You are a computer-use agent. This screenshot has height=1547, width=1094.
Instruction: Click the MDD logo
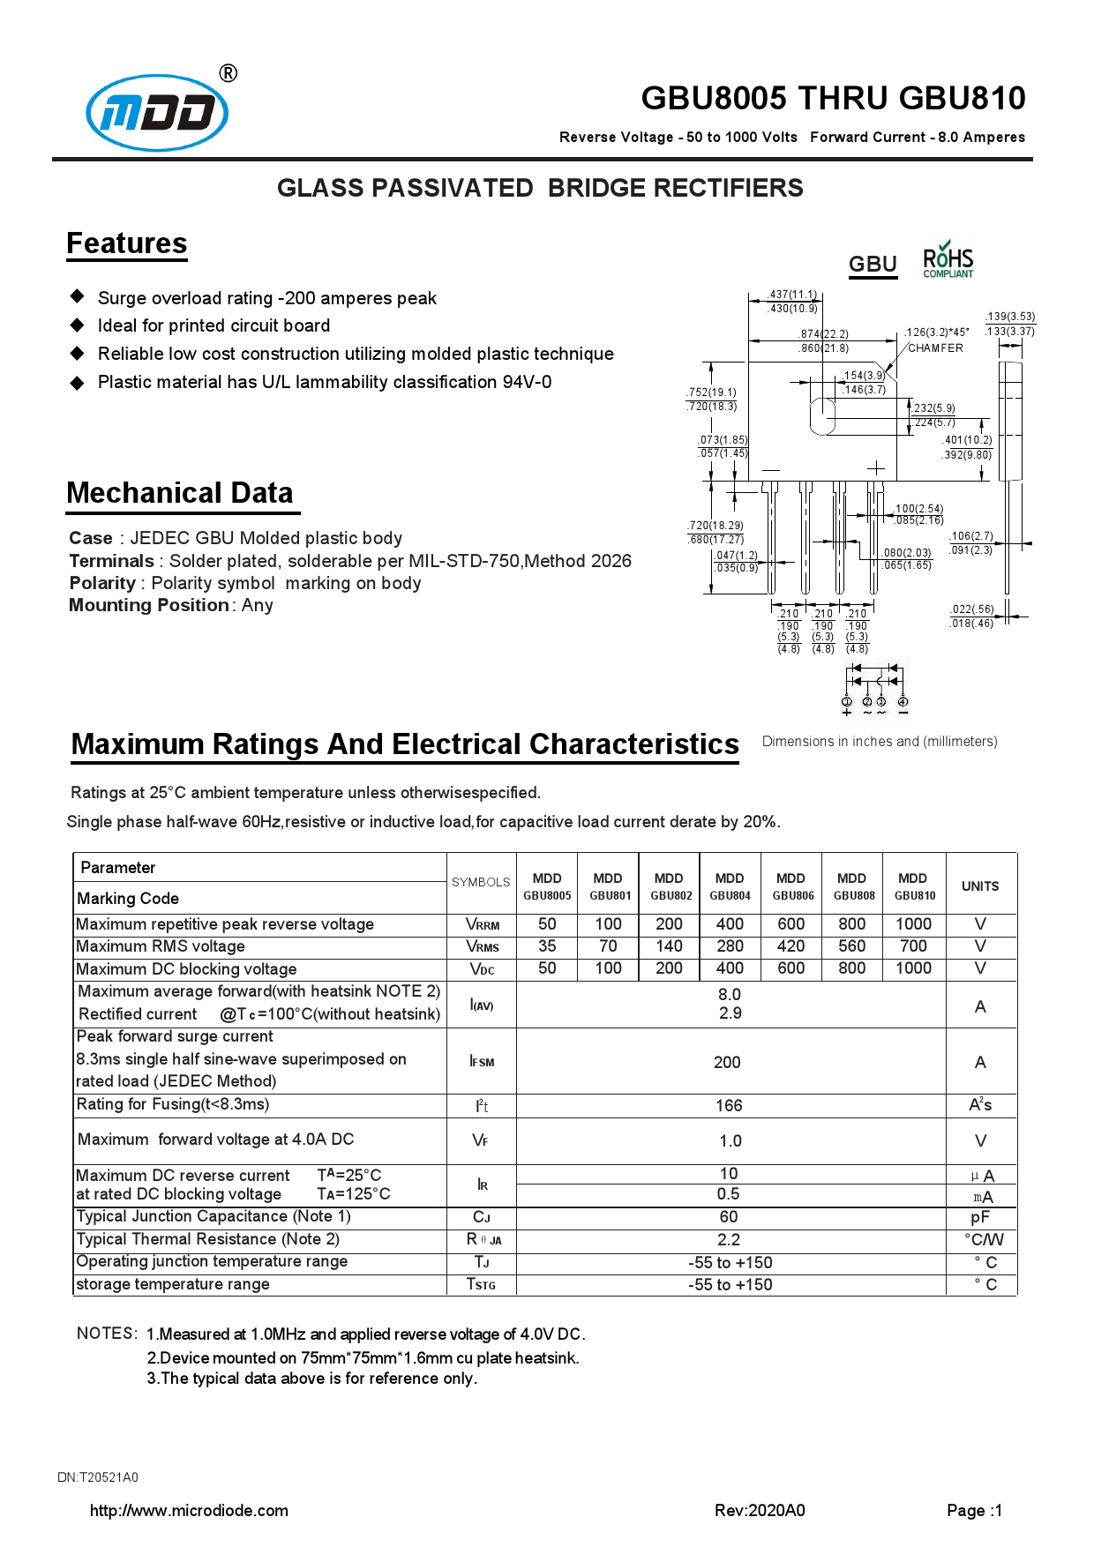157,113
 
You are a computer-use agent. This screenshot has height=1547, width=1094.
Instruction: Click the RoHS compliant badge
948,261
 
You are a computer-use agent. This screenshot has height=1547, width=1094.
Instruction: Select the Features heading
127,243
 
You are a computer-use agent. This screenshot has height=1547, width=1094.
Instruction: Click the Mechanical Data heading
180,493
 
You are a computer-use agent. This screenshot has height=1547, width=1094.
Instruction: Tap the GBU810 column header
914,886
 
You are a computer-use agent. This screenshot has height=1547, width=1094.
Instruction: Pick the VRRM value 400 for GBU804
730,924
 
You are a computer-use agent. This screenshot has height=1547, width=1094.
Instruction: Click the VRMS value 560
851,946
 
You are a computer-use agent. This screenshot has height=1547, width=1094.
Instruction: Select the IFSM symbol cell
482,1062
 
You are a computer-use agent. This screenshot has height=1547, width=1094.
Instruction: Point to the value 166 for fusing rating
729,1106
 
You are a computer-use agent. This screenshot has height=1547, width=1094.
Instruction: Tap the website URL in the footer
189,1511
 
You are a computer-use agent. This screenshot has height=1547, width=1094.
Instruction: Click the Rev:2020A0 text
760,1511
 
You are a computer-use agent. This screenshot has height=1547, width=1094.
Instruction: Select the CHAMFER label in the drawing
935,348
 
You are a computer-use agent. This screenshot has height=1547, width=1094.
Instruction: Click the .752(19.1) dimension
712,392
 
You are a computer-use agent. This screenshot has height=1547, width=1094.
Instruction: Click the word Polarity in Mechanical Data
102,583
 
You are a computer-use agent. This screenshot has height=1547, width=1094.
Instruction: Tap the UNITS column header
980,886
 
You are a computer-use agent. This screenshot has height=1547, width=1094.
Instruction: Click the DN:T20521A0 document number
98,1477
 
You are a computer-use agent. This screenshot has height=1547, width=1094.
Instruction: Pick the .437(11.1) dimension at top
792,295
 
